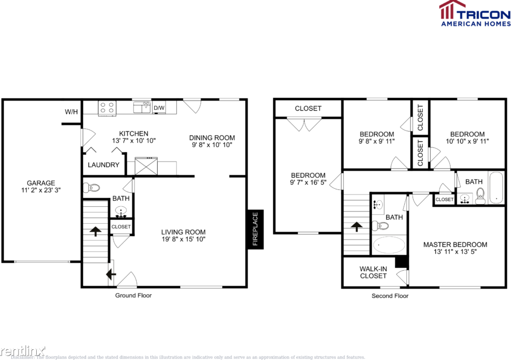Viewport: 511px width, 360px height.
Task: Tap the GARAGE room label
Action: pyautogui.click(x=41, y=183)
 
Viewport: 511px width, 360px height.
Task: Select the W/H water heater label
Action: pyautogui.click(x=71, y=112)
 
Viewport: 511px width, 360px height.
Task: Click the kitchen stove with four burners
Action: pyautogui.click(x=107, y=107)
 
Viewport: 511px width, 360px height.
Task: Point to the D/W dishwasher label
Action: pyautogui.click(x=159, y=108)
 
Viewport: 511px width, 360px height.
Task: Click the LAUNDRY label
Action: pyautogui.click(x=103, y=165)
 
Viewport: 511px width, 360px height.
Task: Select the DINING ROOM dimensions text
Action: pyautogui.click(x=212, y=145)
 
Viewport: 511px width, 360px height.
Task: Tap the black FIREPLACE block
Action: pyautogui.click(x=254, y=229)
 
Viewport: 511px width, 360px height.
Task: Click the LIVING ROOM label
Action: pyautogui.click(x=183, y=232)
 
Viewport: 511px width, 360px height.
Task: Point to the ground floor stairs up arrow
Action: pyautogui.click(x=95, y=231)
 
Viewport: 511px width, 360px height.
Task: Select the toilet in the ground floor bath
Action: pyautogui.click(x=92, y=188)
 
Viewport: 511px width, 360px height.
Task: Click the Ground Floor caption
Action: pyautogui.click(x=133, y=296)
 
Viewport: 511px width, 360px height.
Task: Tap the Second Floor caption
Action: pyautogui.click(x=389, y=296)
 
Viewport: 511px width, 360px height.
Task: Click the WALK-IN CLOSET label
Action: pyautogui.click(x=374, y=272)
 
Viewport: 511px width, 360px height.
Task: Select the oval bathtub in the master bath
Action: pyautogui.click(x=389, y=245)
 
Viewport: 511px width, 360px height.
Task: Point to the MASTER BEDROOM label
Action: pyautogui.click(x=455, y=245)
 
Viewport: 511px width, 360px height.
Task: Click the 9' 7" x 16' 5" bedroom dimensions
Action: pyautogui.click(x=308, y=183)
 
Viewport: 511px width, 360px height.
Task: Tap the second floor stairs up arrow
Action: pyautogui.click(x=357, y=227)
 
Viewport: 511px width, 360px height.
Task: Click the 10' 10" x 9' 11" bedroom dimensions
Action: pyautogui.click(x=467, y=141)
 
